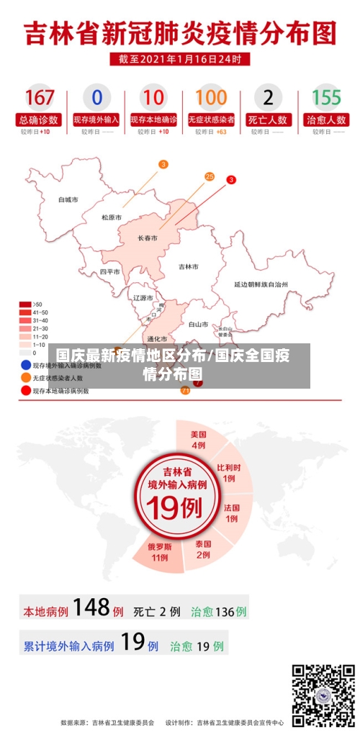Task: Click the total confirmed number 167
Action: (40, 96)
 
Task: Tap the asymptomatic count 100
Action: (211, 96)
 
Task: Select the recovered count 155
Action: (326, 96)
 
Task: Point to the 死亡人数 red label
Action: (269, 119)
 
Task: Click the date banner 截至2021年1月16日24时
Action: (180, 58)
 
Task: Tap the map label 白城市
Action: (68, 199)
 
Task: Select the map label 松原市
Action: (112, 217)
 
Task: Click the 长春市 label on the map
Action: (148, 238)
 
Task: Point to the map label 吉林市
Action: (189, 266)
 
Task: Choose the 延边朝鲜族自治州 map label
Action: (261, 284)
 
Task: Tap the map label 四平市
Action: (110, 272)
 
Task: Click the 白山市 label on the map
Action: (198, 324)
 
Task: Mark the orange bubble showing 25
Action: (210, 176)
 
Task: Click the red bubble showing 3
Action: (231, 179)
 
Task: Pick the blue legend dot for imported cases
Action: (25, 365)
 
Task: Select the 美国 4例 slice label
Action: (199, 440)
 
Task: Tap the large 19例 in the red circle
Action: (177, 508)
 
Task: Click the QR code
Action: (323, 695)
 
